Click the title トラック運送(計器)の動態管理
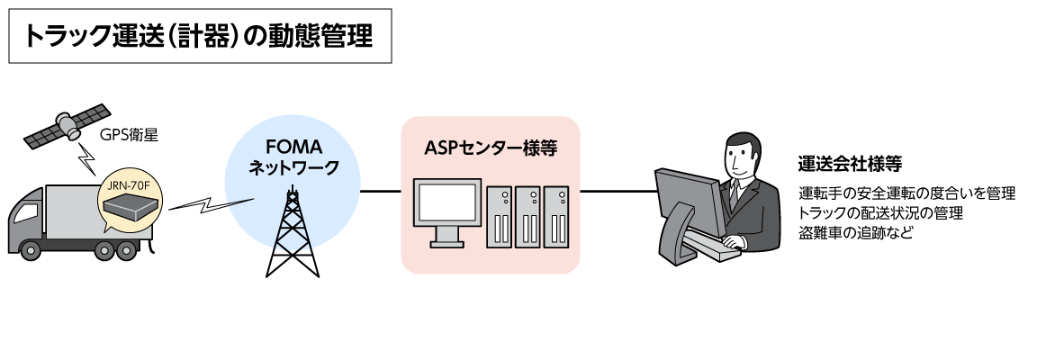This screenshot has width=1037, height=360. (200, 37)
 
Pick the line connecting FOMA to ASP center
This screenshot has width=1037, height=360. (381, 192)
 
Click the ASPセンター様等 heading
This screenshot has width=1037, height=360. (490, 148)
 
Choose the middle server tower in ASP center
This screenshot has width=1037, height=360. (528, 216)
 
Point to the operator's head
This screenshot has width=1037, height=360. (744, 157)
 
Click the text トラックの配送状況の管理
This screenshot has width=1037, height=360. (881, 214)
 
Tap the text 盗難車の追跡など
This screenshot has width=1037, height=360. (855, 234)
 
